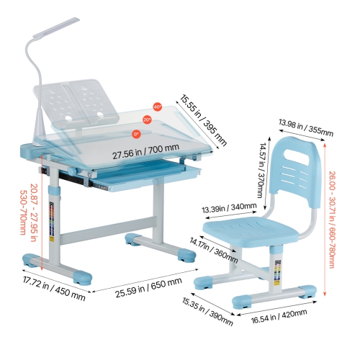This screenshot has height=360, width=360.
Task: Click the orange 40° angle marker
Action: [x=158, y=107]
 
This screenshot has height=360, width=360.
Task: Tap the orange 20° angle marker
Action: [x=147, y=120]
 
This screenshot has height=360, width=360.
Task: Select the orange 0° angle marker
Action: [x=136, y=134]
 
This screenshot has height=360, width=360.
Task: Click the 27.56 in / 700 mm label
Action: [x=145, y=151]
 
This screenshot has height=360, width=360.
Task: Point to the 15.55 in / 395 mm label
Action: [x=203, y=120]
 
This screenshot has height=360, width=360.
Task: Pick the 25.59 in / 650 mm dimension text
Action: [x=148, y=287]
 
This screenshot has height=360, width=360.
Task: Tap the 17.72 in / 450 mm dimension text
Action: [x=54, y=288]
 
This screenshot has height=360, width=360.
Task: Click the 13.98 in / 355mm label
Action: [x=306, y=127]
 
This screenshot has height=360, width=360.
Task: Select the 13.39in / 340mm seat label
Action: [x=229, y=207]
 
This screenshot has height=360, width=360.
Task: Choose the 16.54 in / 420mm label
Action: [x=279, y=316]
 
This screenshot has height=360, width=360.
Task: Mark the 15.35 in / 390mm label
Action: [x=207, y=312]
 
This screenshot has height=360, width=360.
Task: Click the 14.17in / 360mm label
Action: [x=214, y=250]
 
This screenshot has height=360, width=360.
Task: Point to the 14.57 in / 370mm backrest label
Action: [x=261, y=170]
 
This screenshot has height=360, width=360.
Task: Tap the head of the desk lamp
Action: [x=56, y=27]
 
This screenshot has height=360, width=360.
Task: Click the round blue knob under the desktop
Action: [x=71, y=171]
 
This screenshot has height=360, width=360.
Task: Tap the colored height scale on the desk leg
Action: [x=52, y=219]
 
